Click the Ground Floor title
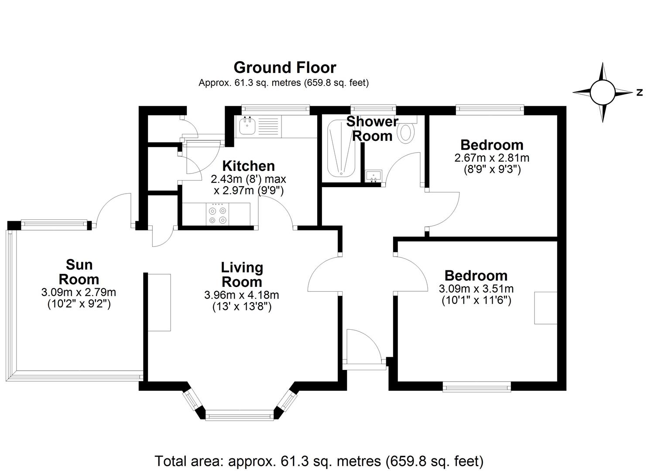click(285, 68)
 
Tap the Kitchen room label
click(248, 166)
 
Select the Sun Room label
click(79, 272)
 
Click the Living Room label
click(242, 275)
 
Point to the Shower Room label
click(372, 129)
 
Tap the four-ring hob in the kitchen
click(218, 214)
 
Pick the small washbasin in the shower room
click(374, 176)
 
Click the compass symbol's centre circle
click(602, 92)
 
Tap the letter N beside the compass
click(639, 92)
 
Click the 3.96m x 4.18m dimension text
click(242, 295)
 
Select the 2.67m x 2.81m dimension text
click(492, 158)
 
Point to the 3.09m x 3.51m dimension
click(476, 289)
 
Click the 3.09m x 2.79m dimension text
click(79, 292)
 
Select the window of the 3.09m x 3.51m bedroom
click(477, 386)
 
